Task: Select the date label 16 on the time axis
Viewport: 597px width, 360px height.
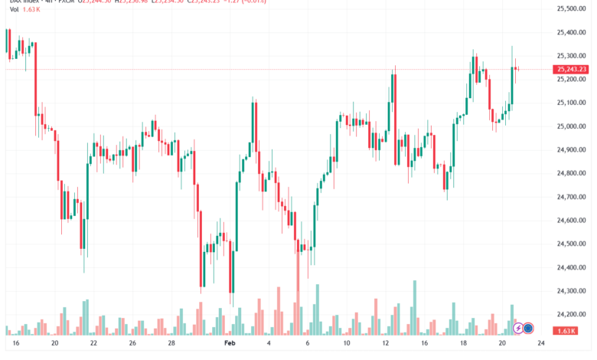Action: click(15, 345)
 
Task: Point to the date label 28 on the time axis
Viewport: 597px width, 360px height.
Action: click(171, 345)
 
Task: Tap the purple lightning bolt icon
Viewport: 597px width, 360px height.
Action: click(518, 329)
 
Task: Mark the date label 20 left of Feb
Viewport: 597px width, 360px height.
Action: click(54, 345)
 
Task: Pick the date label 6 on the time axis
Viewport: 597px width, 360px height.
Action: click(307, 345)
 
